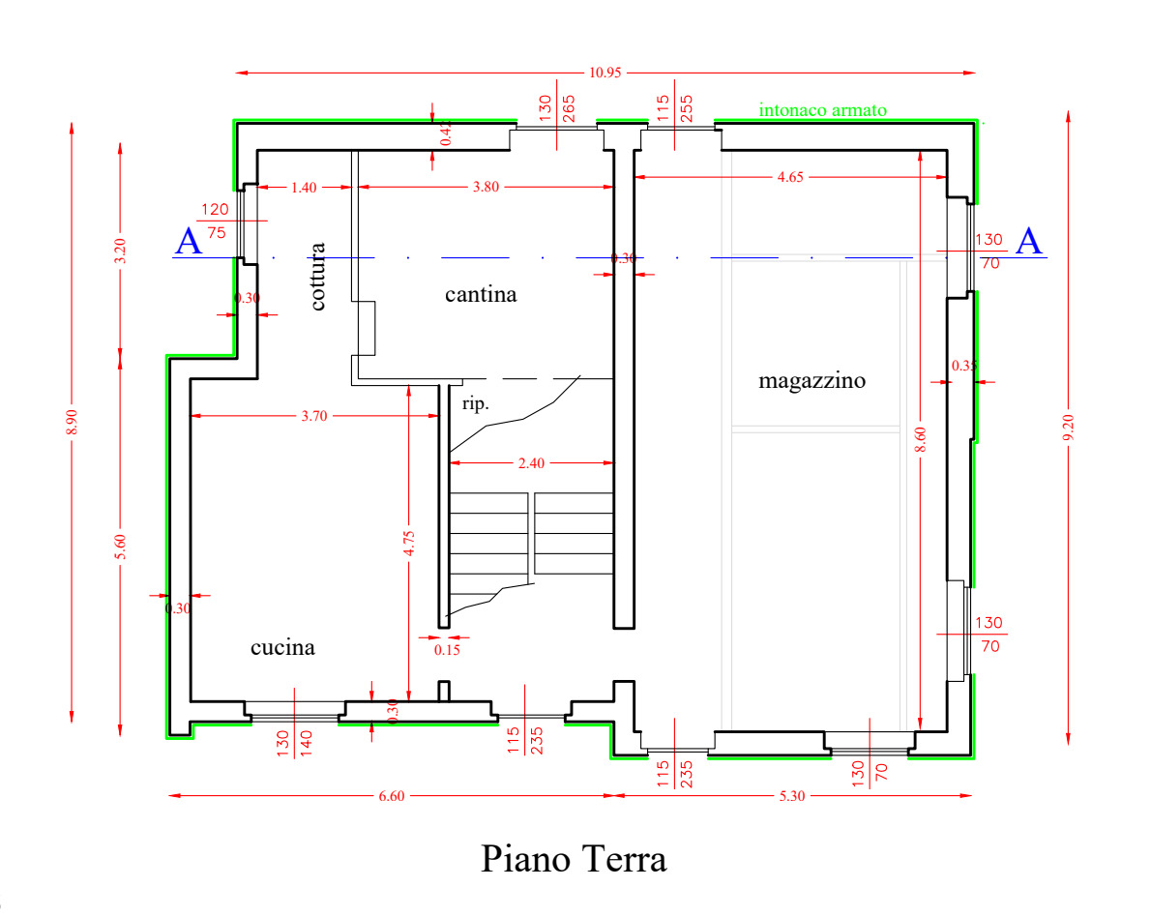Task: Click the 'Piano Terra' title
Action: coord(574,858)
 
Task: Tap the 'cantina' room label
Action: coord(481,294)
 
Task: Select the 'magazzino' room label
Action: coord(812,381)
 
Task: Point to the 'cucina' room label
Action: coord(282,648)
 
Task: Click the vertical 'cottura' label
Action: coord(318,276)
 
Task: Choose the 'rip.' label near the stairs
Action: coord(476,404)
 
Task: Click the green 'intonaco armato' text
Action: coord(822,110)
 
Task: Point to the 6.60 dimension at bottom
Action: coord(391,796)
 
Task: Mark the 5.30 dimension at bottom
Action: coord(792,796)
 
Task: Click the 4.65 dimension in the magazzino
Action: coord(790,177)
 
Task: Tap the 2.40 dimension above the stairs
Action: coord(531,463)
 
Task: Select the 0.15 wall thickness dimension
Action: coord(447,650)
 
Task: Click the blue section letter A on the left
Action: coord(189,242)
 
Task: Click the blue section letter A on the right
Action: coord(1030,242)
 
